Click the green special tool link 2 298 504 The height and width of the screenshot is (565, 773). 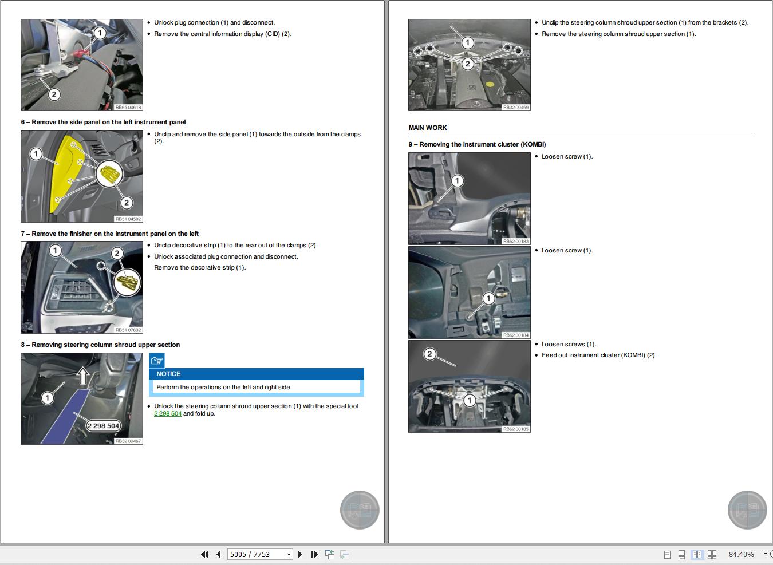pyautogui.click(x=168, y=413)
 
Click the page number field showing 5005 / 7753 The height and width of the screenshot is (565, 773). pyautogui.click(x=256, y=554)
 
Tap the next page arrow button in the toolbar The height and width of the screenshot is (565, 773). pyautogui.click(x=300, y=554)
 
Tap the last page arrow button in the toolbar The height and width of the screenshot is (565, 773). pyautogui.click(x=314, y=554)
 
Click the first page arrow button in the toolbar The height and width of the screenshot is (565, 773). pyautogui.click(x=204, y=554)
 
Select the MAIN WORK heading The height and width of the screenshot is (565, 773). pyautogui.click(x=427, y=128)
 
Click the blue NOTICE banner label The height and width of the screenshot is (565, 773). pyautogui.click(x=168, y=374)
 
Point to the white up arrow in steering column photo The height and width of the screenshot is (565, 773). pyautogui.click(x=83, y=376)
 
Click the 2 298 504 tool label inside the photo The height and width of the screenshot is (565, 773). pyautogui.click(x=104, y=425)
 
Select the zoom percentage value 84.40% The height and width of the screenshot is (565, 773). pyautogui.click(x=741, y=554)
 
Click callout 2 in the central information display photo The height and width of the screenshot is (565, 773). pyautogui.click(x=54, y=94)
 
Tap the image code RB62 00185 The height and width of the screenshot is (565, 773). pyautogui.click(x=515, y=429)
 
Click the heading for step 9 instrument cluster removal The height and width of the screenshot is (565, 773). pyautogui.click(x=477, y=144)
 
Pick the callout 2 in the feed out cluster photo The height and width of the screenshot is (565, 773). pyautogui.click(x=429, y=354)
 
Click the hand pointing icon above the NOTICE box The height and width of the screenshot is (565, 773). pyautogui.click(x=157, y=360)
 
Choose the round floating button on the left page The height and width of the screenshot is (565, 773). pyautogui.click(x=359, y=509)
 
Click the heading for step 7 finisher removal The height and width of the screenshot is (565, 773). pyautogui.click(x=109, y=234)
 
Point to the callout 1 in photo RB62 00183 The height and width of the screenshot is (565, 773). pyautogui.click(x=457, y=181)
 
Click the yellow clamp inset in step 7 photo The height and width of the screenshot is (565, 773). pyautogui.click(x=127, y=282)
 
